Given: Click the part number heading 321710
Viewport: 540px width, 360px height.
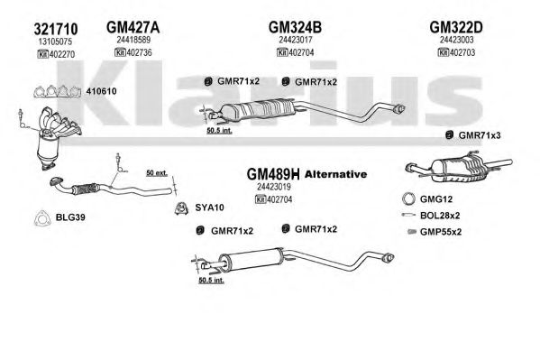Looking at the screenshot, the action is tap(56, 29).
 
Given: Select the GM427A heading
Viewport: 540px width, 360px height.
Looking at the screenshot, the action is tap(133, 27).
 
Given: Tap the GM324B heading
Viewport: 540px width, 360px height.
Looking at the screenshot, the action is tap(295, 27).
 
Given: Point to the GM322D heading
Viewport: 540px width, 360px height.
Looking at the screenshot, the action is tap(456, 27).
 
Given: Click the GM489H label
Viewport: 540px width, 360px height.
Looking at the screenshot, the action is tap(273, 174).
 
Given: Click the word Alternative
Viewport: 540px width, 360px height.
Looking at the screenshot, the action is tap(335, 174).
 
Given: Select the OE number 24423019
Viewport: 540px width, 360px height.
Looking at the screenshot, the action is tap(274, 187).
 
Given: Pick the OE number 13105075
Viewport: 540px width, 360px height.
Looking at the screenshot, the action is tap(55, 42).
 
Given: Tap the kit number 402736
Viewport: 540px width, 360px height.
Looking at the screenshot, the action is tap(139, 52).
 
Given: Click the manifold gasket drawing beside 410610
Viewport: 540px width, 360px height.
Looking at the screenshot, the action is tap(57, 91).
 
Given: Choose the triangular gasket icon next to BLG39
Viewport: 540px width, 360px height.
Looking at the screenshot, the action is tap(42, 218).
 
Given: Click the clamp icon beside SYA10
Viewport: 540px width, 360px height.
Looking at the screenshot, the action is tap(181, 208).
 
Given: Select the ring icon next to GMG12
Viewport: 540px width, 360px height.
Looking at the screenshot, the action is tap(408, 199).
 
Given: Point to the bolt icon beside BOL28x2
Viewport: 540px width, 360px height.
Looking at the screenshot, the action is tap(408, 215).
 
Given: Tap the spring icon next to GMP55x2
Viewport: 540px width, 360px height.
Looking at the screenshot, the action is tap(412, 231).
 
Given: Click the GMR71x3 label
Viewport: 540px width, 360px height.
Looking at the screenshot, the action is tap(480, 135).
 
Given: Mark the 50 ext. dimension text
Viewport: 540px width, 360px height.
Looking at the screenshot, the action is tap(157, 172).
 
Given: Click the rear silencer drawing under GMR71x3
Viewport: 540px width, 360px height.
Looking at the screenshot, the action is tap(459, 167).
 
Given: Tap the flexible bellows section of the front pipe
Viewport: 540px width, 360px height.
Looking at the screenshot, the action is tap(85, 189).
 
